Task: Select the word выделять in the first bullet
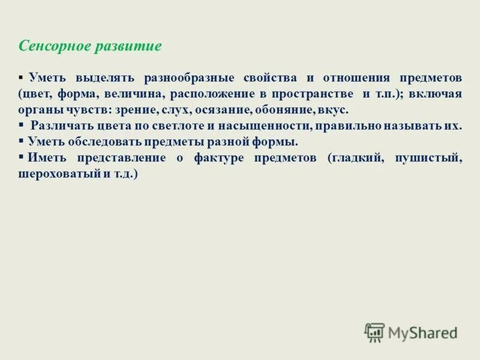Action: (x=101, y=79)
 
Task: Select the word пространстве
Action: (x=312, y=95)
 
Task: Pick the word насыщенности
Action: (x=262, y=127)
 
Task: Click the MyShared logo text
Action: (x=422, y=332)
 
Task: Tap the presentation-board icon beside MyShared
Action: (x=374, y=332)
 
